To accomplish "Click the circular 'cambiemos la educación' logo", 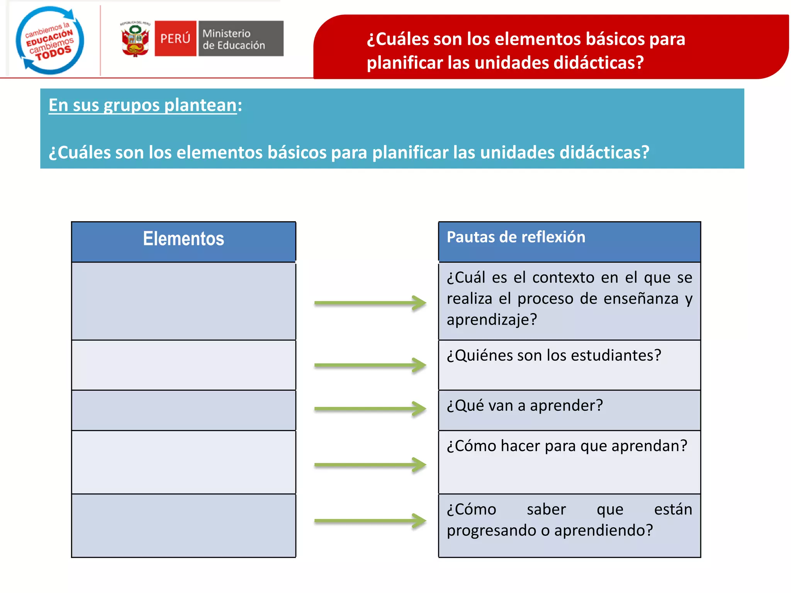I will pos(50,40).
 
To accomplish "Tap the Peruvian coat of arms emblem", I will pos(135,39).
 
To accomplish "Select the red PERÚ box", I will pos(175,39).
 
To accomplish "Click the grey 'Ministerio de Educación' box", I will pos(241,39).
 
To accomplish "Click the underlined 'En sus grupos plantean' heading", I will pos(143,105).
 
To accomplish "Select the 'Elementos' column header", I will pos(183,239).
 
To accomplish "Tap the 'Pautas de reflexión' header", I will pos(516,237).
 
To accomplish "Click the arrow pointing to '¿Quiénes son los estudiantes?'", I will pos(370,365).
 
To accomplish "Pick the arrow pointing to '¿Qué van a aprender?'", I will pos(370,408).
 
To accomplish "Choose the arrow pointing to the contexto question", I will pos(370,303).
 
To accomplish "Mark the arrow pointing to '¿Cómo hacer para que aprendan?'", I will pos(370,464).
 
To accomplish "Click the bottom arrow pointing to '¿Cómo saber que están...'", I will pos(370,521).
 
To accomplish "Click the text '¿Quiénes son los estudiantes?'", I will pos(553,356).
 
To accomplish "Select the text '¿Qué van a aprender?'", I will pos(525,406).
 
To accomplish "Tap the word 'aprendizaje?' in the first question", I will pos(492,320).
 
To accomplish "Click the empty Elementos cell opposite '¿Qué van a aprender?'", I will pos(183,410).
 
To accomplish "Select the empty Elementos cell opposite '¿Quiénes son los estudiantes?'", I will pos(183,365).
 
